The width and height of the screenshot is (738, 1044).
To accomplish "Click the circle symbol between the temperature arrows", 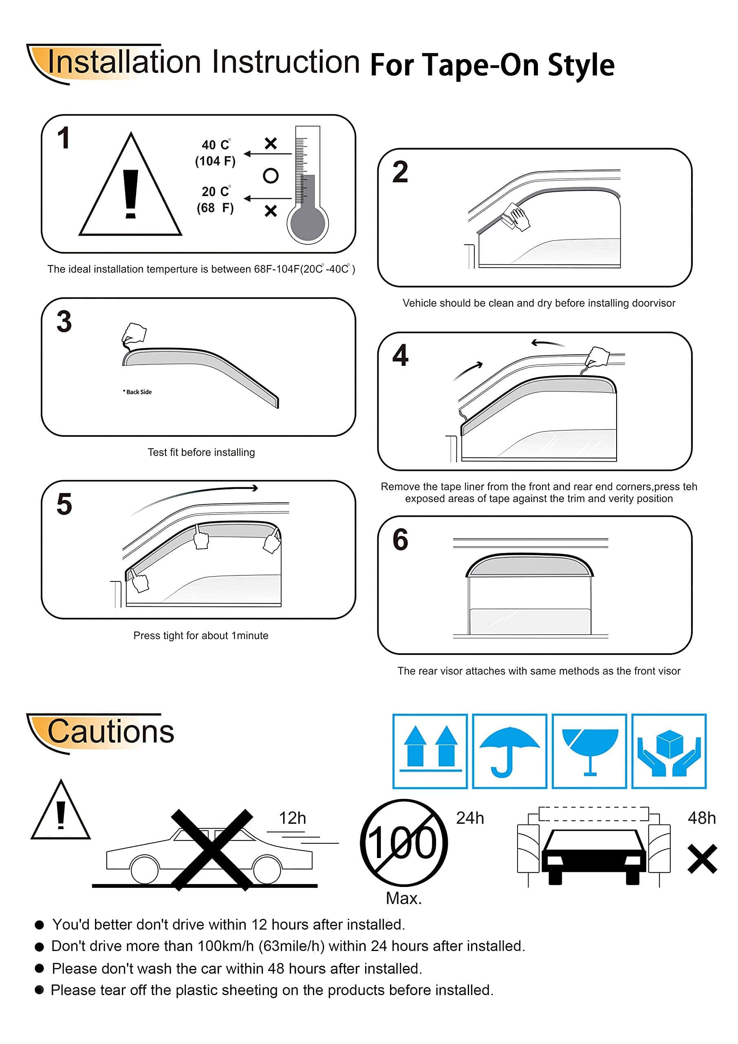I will [x=271, y=175].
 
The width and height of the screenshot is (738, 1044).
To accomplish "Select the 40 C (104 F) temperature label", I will [x=216, y=153].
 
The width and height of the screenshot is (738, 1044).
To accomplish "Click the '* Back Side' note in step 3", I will [x=137, y=392].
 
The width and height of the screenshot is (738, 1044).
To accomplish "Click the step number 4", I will [x=400, y=355].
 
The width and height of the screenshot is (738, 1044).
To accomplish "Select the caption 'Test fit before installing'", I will [x=201, y=452].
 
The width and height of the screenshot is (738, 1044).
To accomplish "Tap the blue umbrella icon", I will [x=509, y=751].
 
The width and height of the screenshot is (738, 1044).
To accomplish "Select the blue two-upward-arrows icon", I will [x=430, y=751].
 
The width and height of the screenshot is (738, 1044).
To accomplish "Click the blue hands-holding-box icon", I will [x=669, y=751].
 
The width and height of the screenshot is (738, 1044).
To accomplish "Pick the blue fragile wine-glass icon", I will [x=589, y=751].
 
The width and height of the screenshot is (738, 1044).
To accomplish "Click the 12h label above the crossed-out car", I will [x=292, y=818].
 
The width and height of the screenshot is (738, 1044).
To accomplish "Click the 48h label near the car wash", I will [x=702, y=818].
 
